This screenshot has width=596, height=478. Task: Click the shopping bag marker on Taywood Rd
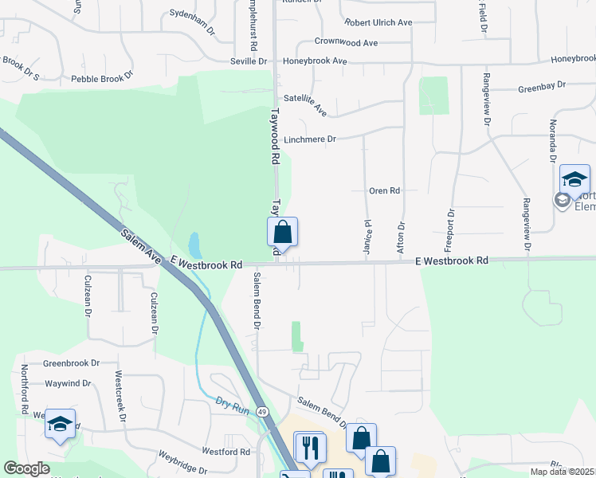(282, 234)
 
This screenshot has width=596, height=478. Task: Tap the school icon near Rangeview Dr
(574, 180)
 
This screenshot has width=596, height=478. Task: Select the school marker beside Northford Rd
(59, 425)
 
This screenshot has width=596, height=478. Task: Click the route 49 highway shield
(262, 411)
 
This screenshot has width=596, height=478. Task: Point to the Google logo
(26, 468)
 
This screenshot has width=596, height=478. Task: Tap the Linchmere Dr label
(310, 139)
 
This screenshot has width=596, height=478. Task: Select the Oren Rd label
(383, 191)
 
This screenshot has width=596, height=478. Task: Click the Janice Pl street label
(368, 237)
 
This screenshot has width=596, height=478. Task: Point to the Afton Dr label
(401, 237)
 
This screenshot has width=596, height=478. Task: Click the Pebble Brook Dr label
(102, 79)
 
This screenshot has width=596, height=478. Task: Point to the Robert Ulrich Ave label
(378, 22)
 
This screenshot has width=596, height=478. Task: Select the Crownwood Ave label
(346, 42)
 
